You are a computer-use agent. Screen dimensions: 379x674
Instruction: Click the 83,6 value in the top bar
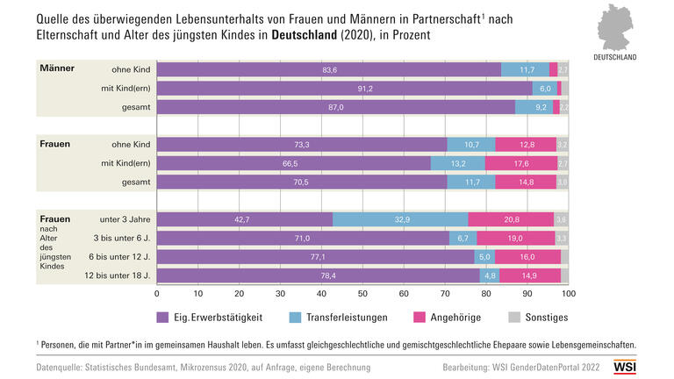click(330, 69)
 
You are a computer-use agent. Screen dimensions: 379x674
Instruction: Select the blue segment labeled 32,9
click(400, 219)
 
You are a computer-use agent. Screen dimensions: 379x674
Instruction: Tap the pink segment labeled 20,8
click(511, 219)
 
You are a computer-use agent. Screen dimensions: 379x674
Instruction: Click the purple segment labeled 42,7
click(243, 219)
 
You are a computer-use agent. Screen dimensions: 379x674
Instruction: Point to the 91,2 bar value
click(345, 88)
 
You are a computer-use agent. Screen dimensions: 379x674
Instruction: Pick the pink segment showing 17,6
click(520, 163)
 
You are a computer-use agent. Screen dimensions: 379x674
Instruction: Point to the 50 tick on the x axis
click(362, 294)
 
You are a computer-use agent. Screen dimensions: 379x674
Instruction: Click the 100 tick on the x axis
click(568, 294)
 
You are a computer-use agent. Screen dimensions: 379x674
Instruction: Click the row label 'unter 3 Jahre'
click(125, 219)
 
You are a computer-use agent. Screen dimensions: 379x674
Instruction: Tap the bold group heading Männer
click(57, 68)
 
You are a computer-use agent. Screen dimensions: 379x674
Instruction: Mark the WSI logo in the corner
click(626, 367)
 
